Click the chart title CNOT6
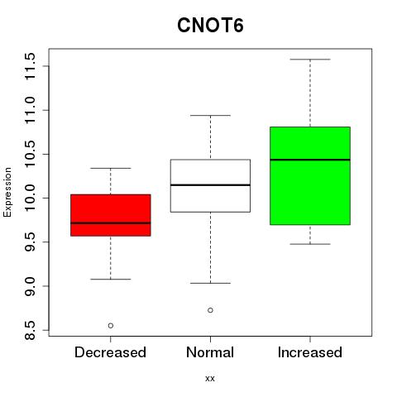click(x=210, y=26)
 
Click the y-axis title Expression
click(x=7, y=192)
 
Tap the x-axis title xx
click(x=210, y=379)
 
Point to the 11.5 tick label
click(x=30, y=66)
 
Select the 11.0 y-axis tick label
click(x=30, y=110)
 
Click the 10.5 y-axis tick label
click(x=30, y=154)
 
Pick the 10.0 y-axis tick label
click(x=30, y=198)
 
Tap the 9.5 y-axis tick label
click(x=30, y=242)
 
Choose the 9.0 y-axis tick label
click(x=30, y=286)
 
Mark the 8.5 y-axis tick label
click(x=30, y=330)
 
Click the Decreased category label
click(x=110, y=352)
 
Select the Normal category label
click(x=210, y=352)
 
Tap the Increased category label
click(x=310, y=352)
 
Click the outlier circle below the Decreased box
click(x=111, y=326)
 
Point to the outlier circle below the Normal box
click(x=210, y=310)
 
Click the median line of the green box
click(x=310, y=160)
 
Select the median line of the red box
click(x=111, y=222)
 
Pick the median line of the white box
click(x=210, y=184)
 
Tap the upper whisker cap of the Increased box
click(x=310, y=60)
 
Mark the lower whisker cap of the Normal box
click(x=210, y=283)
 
